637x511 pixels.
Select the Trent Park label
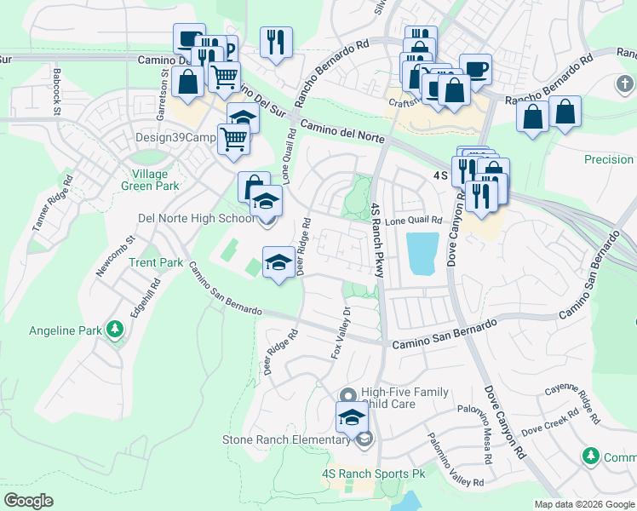point(156,262)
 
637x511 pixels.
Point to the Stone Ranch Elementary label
point(285,439)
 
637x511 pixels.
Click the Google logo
point(28,501)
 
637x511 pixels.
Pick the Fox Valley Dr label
point(341,332)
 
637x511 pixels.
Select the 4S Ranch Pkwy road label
point(376,239)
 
